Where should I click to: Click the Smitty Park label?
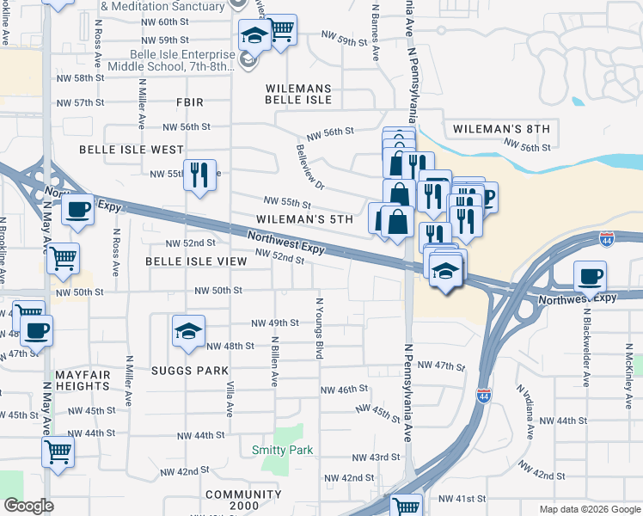tap(282, 450)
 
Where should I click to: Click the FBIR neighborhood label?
tap(189, 102)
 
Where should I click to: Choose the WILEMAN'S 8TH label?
tap(498, 129)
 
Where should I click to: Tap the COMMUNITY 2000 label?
tap(243, 501)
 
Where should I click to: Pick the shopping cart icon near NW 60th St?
tap(281, 30)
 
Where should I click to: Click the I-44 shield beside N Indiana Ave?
tap(484, 396)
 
